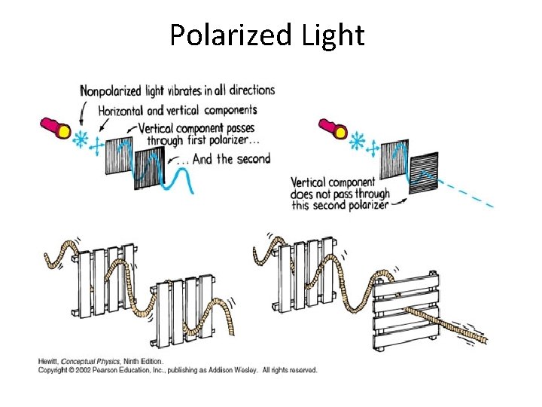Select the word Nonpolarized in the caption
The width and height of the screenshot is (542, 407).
click(111, 91)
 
